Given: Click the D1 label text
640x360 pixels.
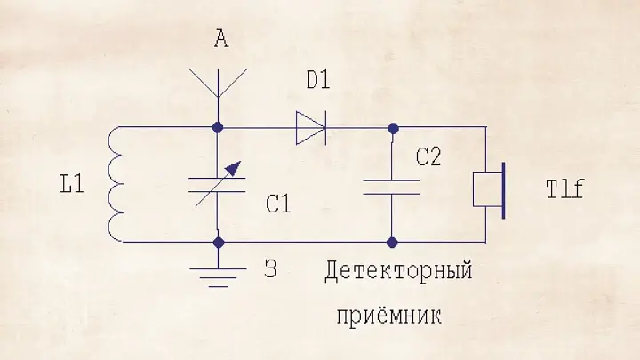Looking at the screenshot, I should coord(317,79).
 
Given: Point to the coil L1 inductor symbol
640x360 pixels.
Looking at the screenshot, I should coord(115,184).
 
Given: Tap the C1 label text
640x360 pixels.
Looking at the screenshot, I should coord(278,204).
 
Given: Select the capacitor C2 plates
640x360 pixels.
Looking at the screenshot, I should coord(391,186).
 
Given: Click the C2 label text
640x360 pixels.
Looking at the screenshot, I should coord(428,158).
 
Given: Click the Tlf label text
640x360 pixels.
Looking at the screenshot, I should coord(563,188).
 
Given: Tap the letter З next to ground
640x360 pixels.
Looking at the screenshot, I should coord(270,269).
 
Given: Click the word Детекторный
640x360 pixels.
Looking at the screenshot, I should coord(397,272).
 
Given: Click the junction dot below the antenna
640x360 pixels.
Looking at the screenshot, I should coord(219,127).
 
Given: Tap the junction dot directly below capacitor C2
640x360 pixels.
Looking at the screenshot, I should coord(391,241).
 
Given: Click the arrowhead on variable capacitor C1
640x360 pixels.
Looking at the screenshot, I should coord(235,166).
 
